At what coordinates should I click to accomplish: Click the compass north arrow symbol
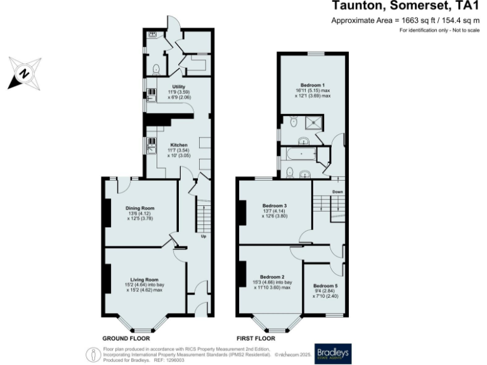24,72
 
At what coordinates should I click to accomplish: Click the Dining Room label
141,208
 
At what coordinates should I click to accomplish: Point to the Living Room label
144,279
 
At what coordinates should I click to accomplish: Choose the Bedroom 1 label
313,85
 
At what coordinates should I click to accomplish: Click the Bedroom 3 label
275,205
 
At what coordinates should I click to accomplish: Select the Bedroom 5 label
325,286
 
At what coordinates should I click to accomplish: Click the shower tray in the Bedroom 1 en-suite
313,122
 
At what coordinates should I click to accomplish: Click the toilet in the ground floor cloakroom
157,68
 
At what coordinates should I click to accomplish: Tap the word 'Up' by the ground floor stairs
203,236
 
